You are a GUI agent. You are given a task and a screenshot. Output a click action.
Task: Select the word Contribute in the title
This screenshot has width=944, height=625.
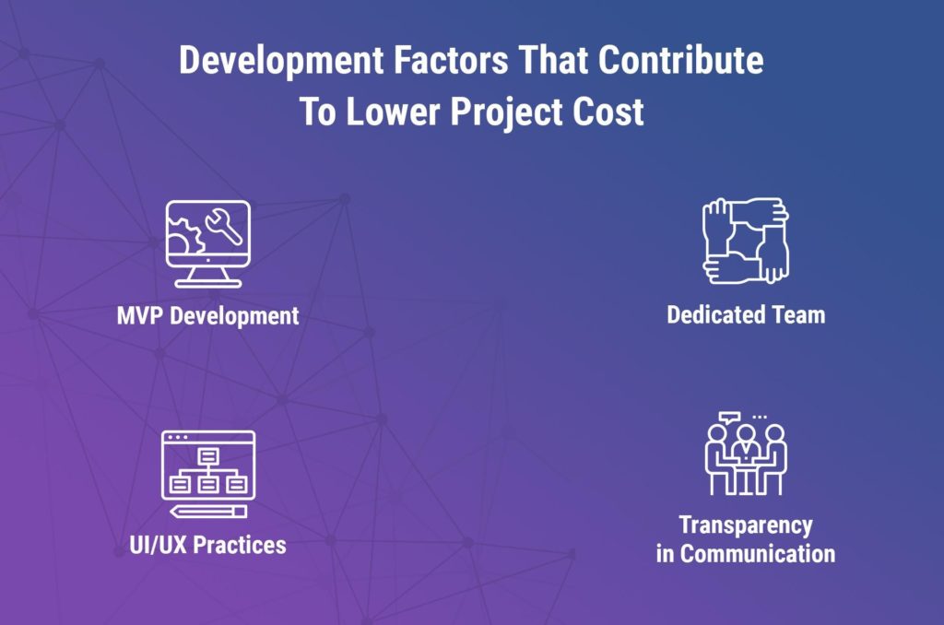(681, 60)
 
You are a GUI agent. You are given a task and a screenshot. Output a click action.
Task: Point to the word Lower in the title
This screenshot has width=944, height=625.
(394, 112)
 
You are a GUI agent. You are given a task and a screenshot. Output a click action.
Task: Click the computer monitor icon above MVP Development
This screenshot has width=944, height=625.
(207, 244)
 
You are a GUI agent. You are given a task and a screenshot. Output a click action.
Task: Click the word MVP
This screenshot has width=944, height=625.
(140, 315)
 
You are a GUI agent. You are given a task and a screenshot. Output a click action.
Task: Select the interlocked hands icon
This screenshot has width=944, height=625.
(746, 241)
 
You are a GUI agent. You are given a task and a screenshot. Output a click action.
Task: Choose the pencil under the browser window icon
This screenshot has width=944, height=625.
(208, 512)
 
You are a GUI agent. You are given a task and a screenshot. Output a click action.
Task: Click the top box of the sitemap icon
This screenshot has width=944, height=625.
(208, 455)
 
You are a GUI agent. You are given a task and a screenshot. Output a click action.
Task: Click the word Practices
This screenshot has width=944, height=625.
(241, 545)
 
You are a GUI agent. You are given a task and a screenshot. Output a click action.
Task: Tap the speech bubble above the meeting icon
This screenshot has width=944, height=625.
(730, 417)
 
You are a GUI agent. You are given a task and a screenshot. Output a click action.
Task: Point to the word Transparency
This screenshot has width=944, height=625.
(746, 526)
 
